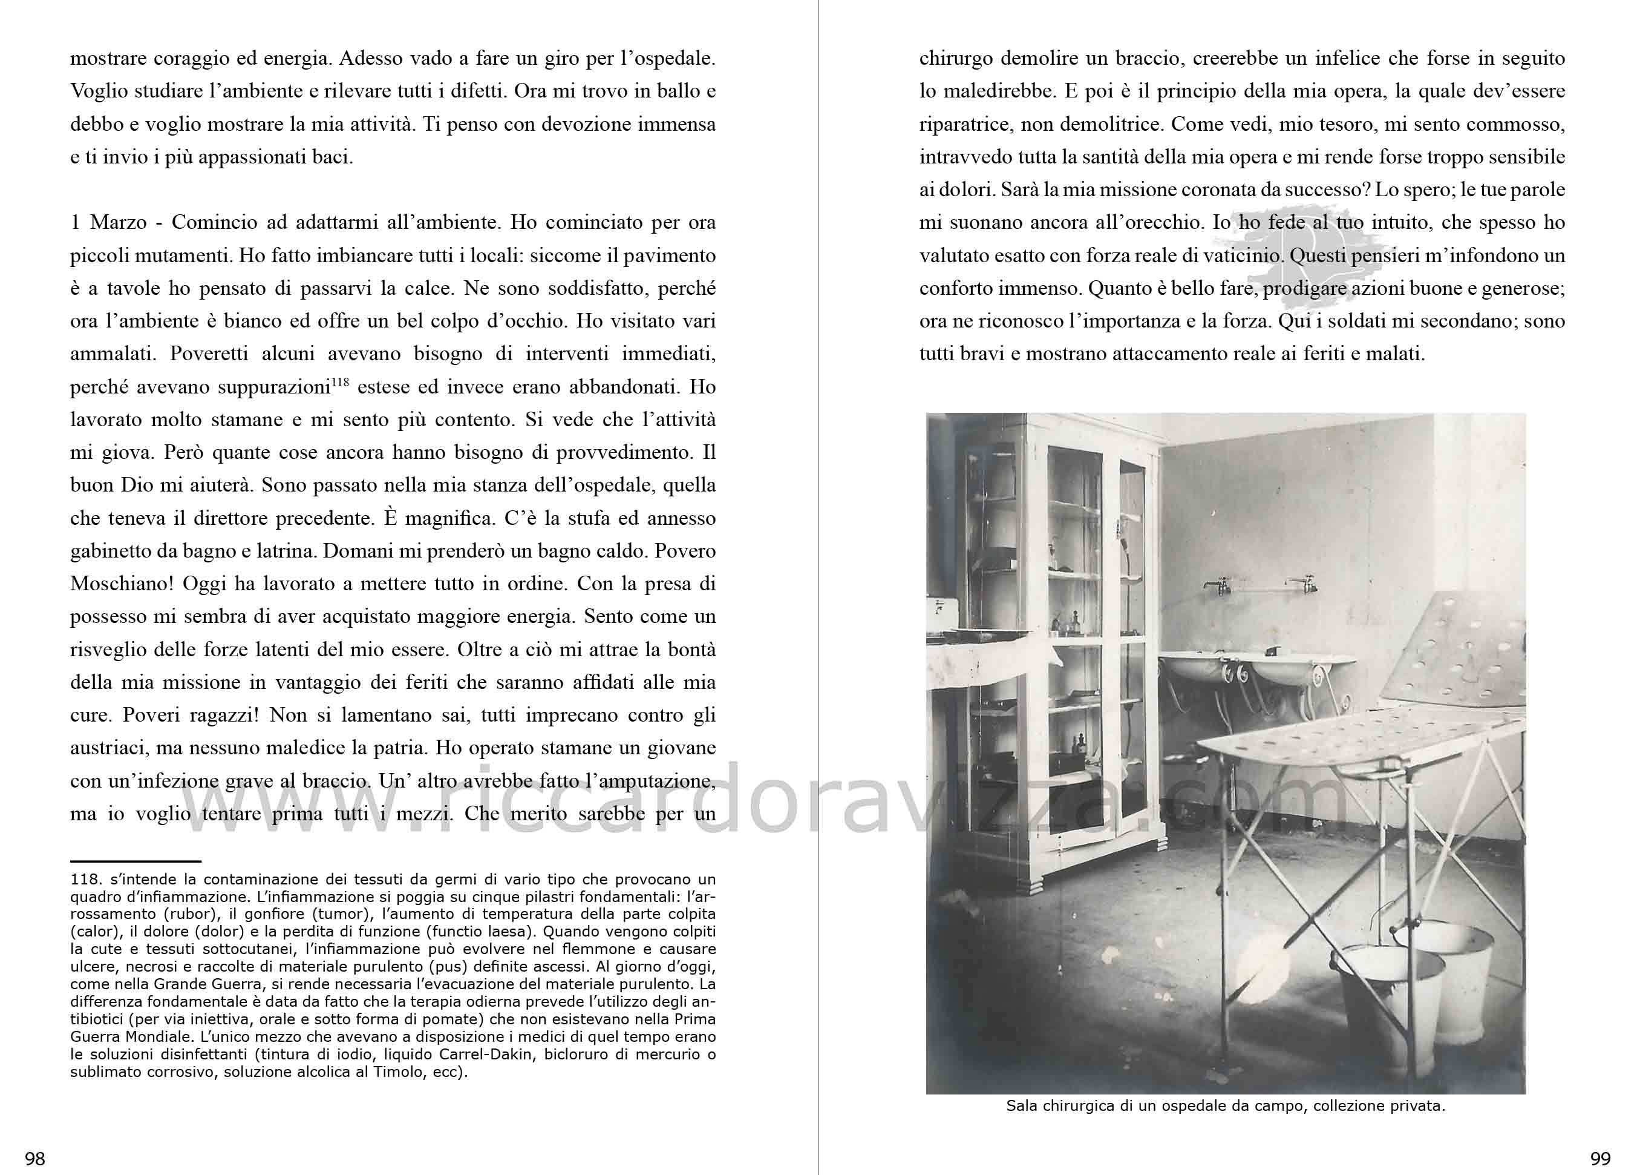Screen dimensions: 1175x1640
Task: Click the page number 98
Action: pyautogui.click(x=34, y=1159)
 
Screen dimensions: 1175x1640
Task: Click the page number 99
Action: pyautogui.click(x=1600, y=1159)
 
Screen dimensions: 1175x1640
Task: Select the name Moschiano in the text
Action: pyautogui.click(x=116, y=584)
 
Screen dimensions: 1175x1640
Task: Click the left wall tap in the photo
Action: pyautogui.click(x=1218, y=586)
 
